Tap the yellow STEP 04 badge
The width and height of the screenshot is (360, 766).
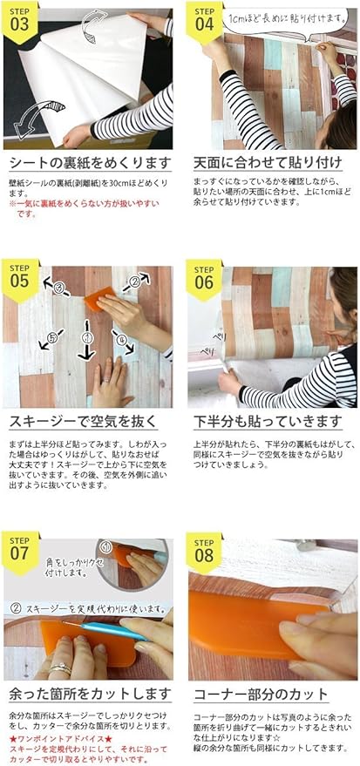[x=204, y=18]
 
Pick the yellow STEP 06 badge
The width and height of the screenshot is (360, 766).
[x=204, y=276]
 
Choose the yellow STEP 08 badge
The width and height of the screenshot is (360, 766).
[x=204, y=550]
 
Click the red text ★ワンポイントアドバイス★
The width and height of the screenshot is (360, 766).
[x=58, y=738]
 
